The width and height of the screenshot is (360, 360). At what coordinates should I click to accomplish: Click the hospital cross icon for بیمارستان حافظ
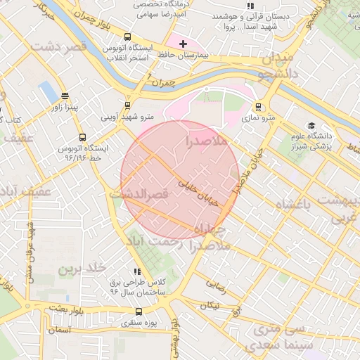[184, 44]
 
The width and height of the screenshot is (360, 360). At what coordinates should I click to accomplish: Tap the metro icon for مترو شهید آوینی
[127, 105]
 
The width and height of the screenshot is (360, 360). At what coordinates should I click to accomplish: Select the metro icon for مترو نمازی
[259, 108]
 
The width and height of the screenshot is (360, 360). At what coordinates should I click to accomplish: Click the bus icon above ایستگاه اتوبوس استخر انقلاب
[127, 37]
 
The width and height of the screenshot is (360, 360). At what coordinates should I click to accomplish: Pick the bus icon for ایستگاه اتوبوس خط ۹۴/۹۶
[83, 138]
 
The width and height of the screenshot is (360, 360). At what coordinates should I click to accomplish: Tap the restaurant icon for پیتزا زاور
[65, 96]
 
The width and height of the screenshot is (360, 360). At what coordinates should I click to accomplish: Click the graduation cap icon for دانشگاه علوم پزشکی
[311, 125]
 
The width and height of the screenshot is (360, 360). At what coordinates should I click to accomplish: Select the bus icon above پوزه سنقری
[138, 311]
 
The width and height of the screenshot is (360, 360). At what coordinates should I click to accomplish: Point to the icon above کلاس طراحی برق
[137, 271]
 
